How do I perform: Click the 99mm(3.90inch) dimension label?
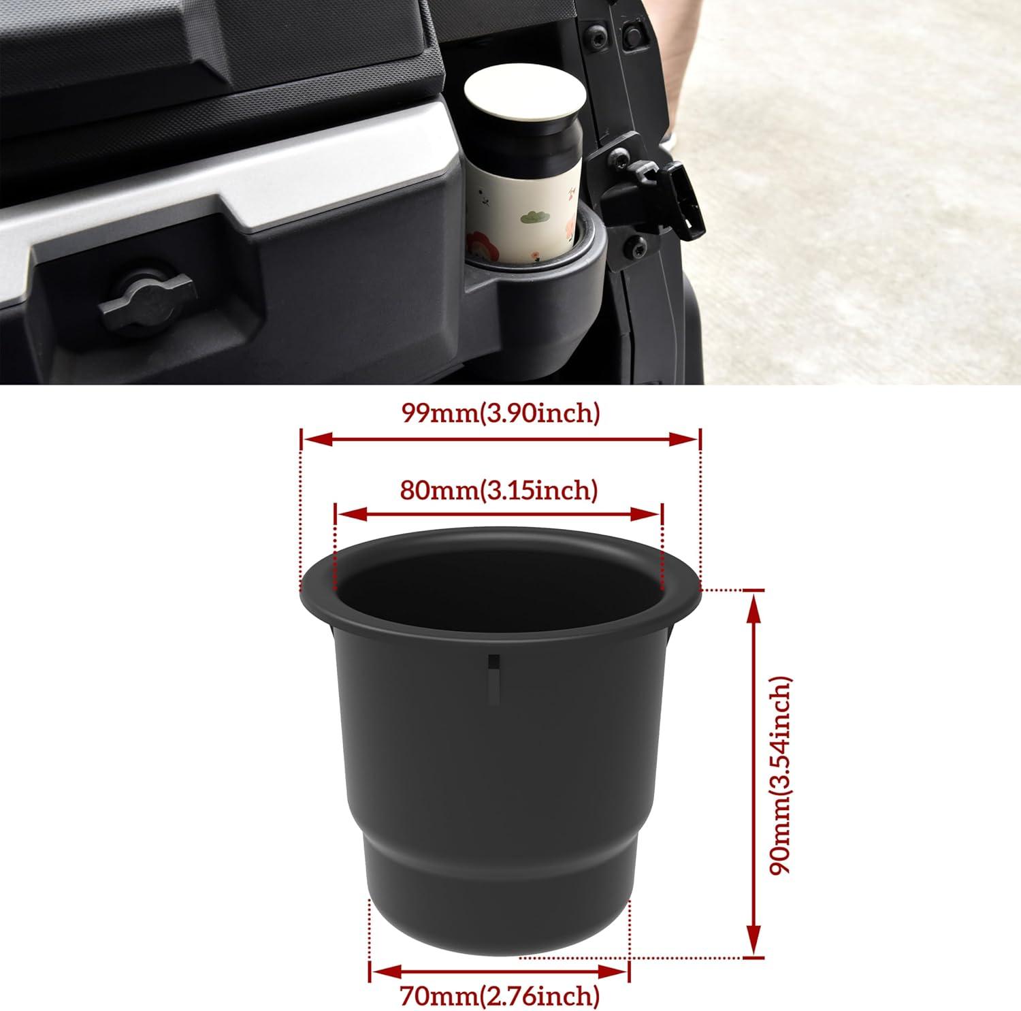point(500,413)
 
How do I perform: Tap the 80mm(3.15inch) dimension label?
point(499,490)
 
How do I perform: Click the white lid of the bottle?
point(524,100)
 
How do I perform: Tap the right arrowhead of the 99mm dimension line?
point(684,440)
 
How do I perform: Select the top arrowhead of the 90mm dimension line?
point(753,607)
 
